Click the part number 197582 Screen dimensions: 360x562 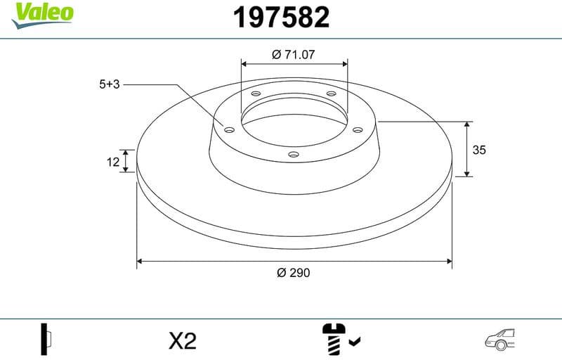coord(281,18)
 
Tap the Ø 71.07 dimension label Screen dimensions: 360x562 coord(294,53)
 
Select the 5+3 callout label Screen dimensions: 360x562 coord(110,84)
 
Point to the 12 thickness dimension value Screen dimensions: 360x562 coord(112,162)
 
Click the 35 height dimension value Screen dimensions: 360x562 coord(479,150)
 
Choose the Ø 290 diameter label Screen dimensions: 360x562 coord(294,273)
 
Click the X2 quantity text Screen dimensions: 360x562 coord(183,342)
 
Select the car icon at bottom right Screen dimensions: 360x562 coord(501,340)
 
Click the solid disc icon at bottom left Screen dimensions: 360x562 coord(47,341)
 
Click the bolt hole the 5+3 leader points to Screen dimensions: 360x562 coord(228,129)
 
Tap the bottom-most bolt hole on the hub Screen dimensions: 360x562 coord(294,155)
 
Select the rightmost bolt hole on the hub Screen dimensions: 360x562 coord(357,129)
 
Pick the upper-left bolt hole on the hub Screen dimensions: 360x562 coord(256,95)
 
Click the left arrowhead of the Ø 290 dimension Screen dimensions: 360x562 coord(140,261)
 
